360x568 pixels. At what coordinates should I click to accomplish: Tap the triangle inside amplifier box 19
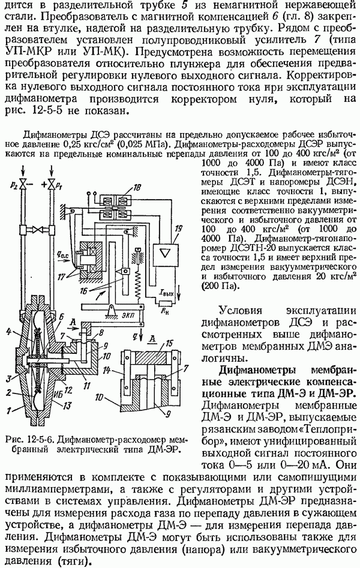coord(166,253)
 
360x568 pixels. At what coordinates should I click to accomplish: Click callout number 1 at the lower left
coord(8,410)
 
